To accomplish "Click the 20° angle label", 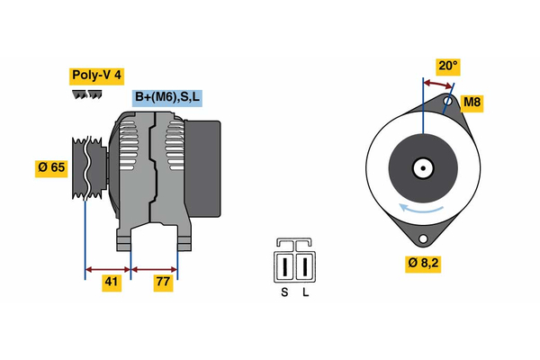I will tap(447, 66).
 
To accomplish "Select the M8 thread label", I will tap(472, 103).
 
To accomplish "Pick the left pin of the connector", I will tap(286, 266).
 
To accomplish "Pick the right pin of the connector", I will tap(304, 266).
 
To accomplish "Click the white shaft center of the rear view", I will tap(421, 167).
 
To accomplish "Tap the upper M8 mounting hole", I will tap(447, 103).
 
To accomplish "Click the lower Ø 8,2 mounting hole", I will tap(422, 238).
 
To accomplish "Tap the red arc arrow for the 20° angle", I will tap(437, 83).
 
